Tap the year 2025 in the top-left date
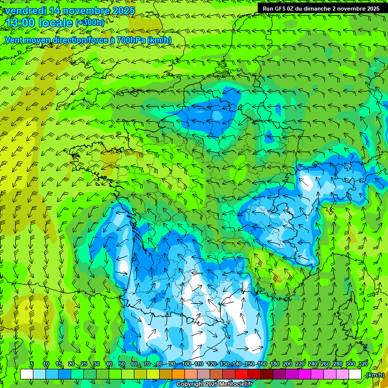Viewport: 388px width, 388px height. tap(123, 11)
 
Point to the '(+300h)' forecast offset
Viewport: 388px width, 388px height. tap(89, 23)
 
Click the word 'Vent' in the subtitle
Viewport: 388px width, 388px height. tap(14, 40)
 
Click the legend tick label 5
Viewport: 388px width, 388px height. tap(32, 364)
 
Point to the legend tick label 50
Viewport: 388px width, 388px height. tap(121, 364)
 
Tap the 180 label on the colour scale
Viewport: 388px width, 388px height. tap(274, 364)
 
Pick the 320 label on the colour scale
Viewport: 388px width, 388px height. tap(363, 364)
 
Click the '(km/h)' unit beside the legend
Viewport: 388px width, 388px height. tap(374, 375)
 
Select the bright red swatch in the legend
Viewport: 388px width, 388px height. tap(242, 374)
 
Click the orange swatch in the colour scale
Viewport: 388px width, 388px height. tap(178, 374)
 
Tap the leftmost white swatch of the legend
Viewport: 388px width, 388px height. tap(27, 374)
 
